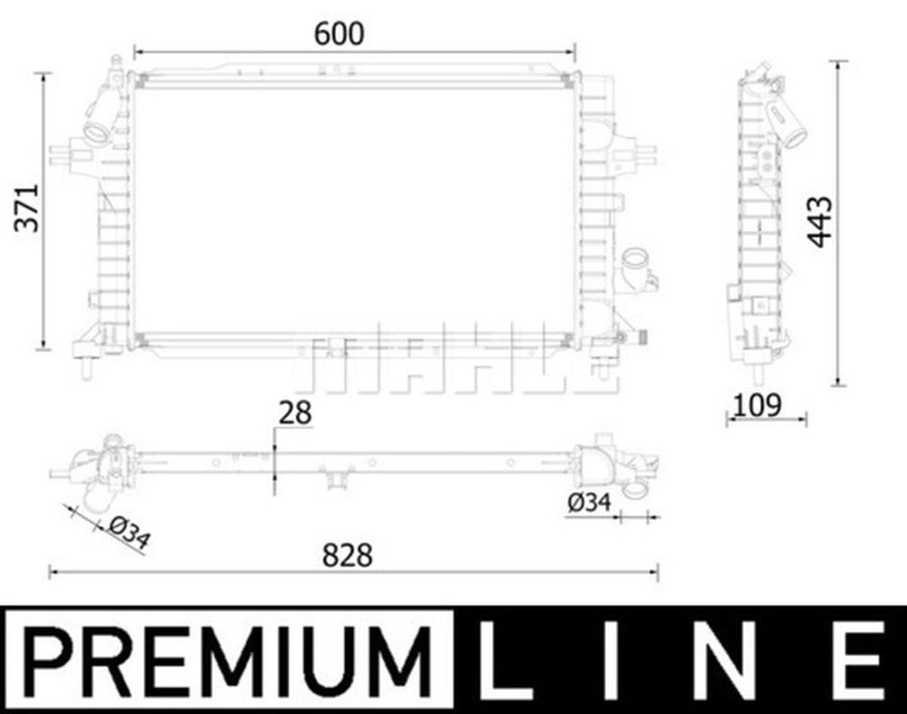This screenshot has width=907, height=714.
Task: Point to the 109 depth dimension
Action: [x=756, y=406]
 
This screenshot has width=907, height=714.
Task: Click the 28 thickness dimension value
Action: [x=295, y=413]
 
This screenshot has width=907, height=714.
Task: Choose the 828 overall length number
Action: [x=347, y=556]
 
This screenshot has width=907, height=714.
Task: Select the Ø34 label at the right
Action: [x=589, y=503]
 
